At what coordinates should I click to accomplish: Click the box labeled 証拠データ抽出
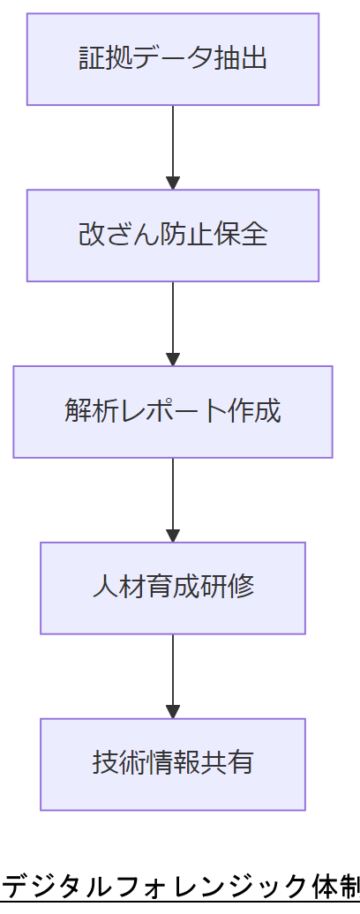coord(173,59)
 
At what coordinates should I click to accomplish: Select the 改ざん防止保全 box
coord(173,236)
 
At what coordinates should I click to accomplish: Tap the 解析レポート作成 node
coord(173,412)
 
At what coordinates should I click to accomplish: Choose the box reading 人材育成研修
coord(173,588)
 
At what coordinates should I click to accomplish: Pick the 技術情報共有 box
coord(173,764)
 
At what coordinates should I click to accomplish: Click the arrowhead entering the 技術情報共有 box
coord(173,712)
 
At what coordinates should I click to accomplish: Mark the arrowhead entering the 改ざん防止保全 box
coord(173,183)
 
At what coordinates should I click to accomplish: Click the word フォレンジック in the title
coord(199,886)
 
